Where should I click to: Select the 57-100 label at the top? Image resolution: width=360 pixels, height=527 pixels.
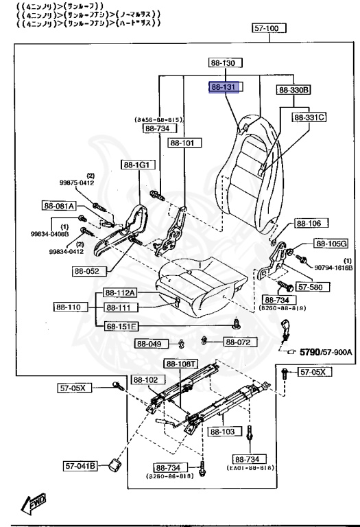267,29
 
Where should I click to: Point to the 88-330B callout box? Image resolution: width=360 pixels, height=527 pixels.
294,90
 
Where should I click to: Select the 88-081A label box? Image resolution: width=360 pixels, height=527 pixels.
59,205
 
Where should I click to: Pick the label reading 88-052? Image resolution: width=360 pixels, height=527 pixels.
88,270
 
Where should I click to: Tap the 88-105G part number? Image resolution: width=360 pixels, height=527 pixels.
331,244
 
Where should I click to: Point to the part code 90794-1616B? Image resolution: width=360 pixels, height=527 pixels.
333,267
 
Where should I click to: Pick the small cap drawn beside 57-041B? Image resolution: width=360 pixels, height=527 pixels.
112,466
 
